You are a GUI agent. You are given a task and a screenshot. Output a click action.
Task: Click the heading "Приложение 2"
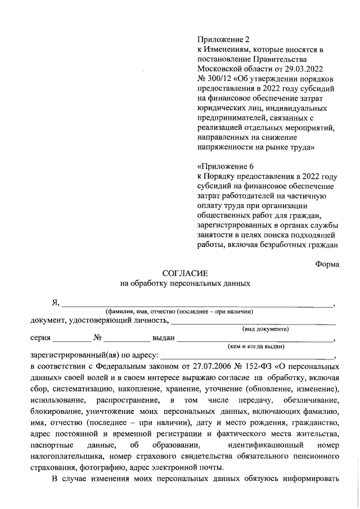(x=223, y=39)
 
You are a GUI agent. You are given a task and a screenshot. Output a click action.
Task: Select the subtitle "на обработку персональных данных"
(x=186, y=284)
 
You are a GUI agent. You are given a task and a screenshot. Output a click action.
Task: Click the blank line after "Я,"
(x=197, y=304)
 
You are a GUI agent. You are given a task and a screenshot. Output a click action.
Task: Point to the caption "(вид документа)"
(x=265, y=328)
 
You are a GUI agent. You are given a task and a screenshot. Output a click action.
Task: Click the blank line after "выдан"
(x=256, y=339)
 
